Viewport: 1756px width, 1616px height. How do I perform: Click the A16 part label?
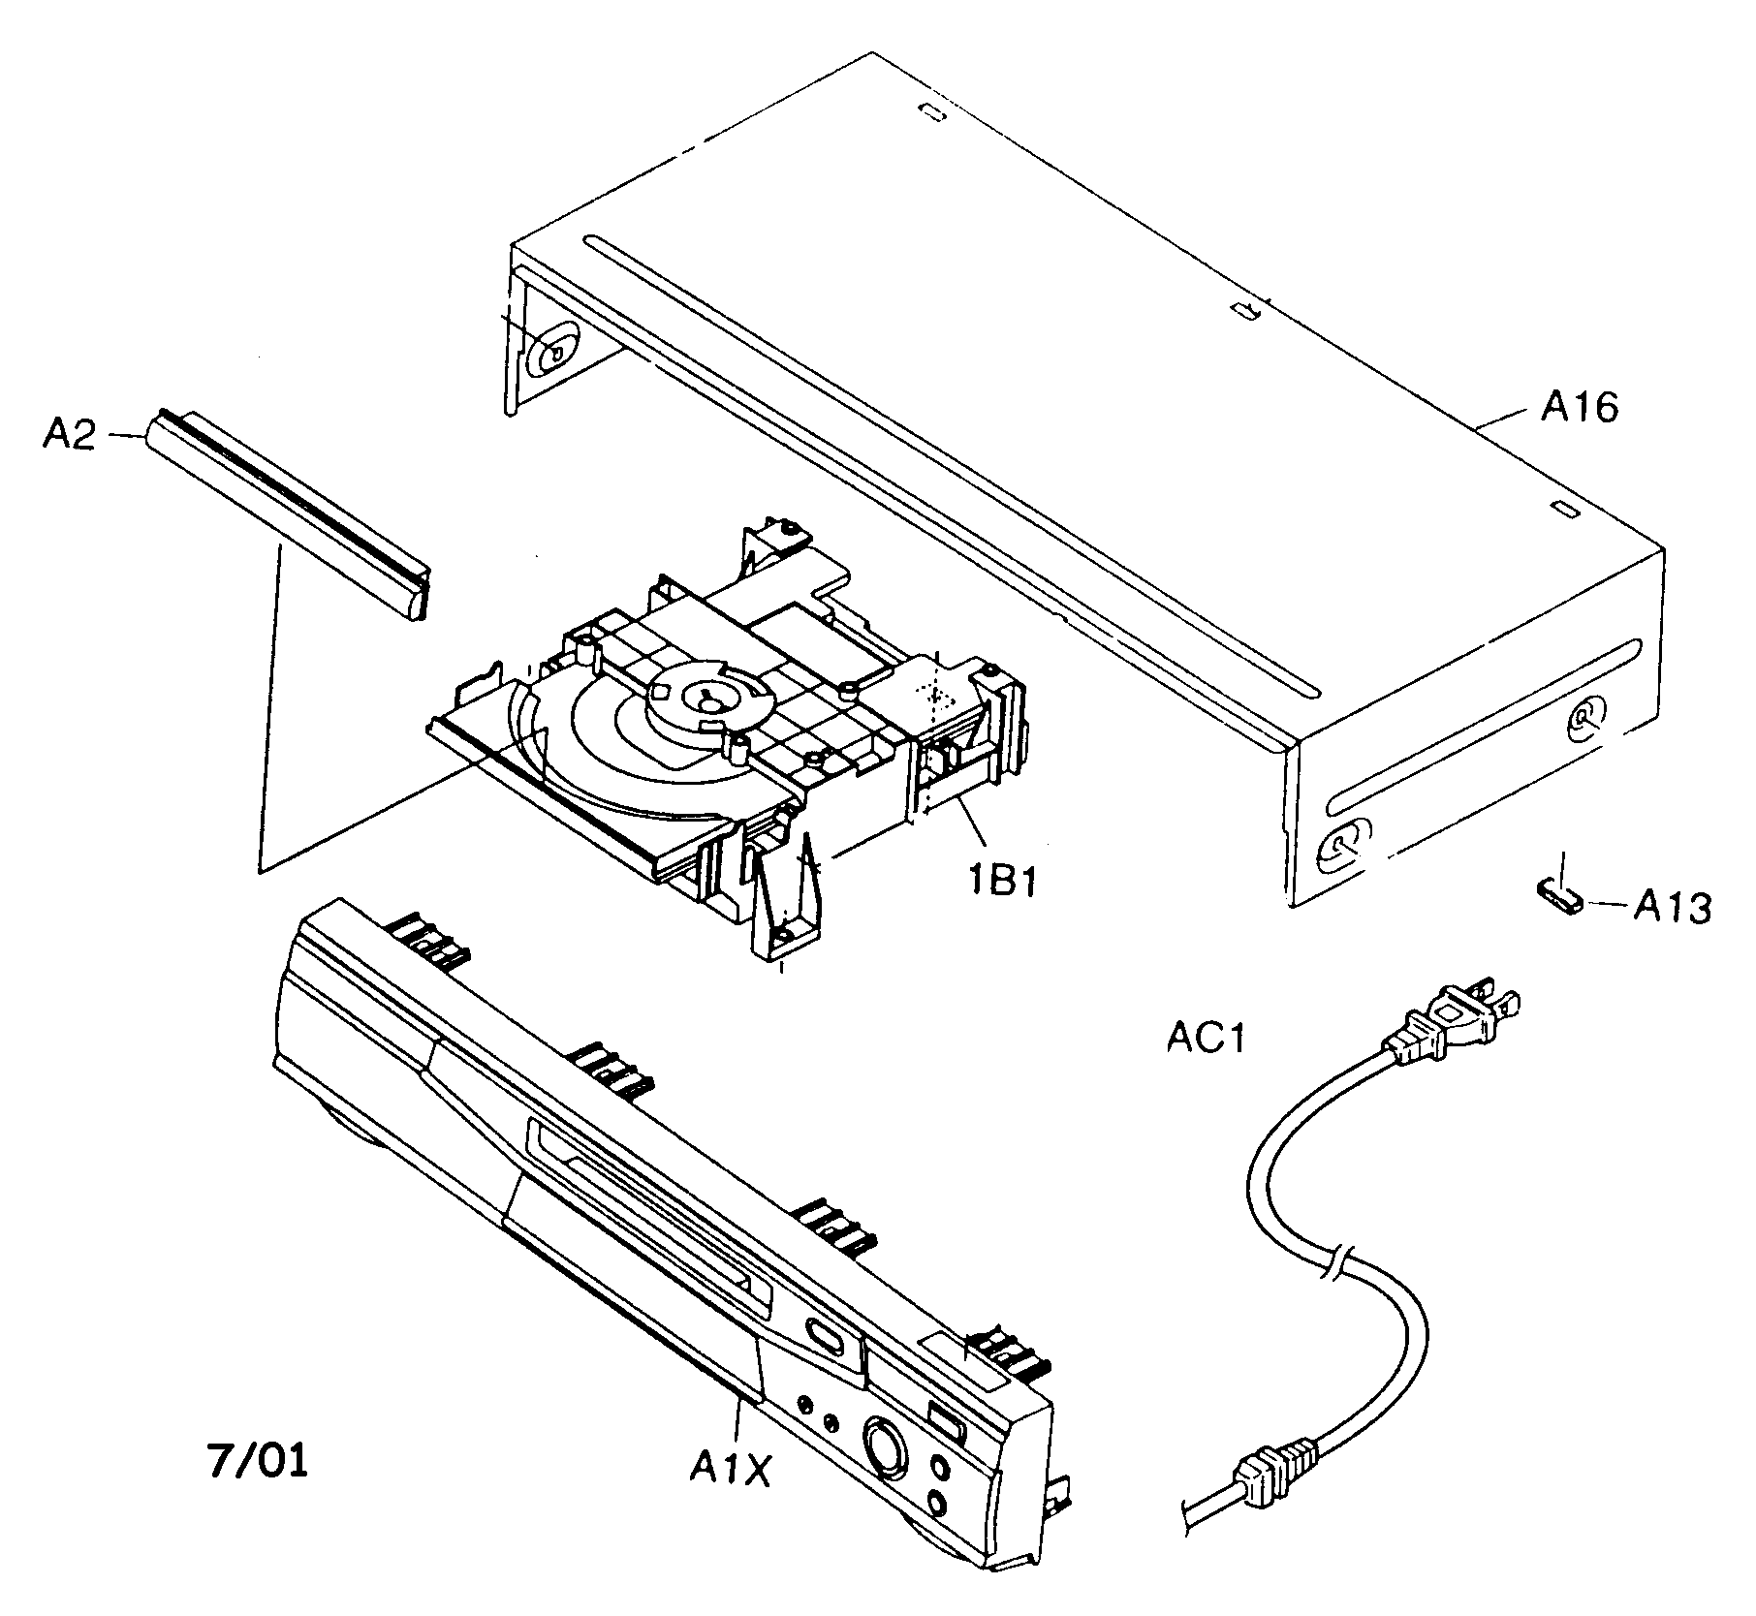(x=1579, y=408)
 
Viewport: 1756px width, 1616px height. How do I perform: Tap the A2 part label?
(x=69, y=435)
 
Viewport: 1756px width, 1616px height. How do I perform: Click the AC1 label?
(x=1205, y=1039)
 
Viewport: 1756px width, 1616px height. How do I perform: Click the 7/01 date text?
(x=258, y=1460)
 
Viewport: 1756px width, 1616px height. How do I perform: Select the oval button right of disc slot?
(x=824, y=1337)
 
